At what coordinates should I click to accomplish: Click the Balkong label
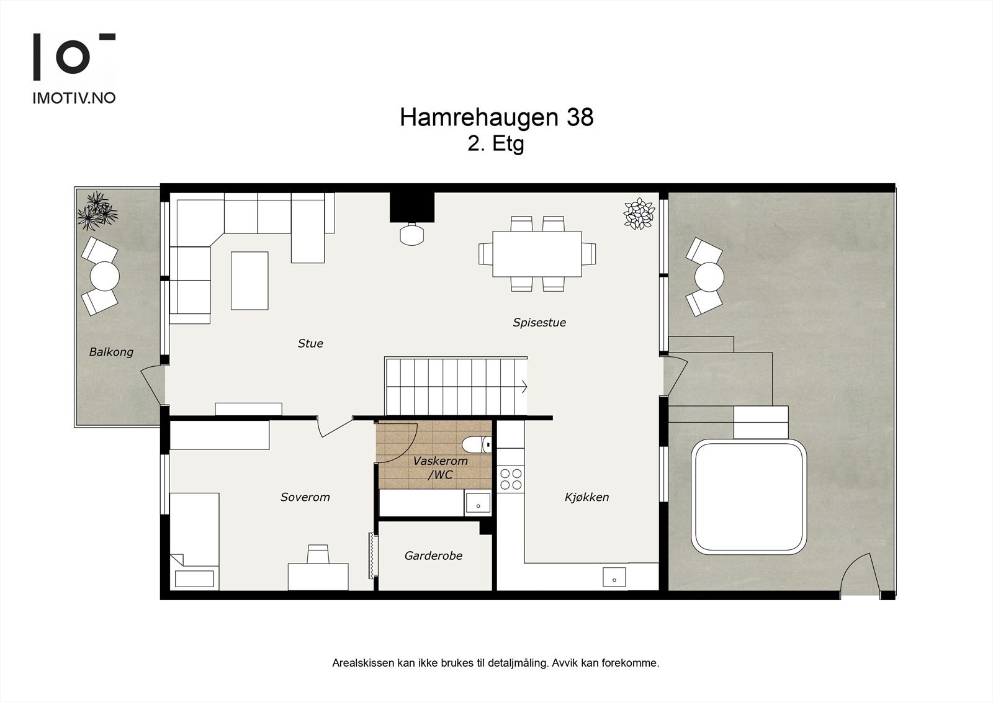111,352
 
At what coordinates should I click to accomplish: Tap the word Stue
310,343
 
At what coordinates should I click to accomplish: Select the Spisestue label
539,322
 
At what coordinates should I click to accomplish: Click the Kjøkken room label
586,497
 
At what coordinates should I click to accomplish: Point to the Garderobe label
433,556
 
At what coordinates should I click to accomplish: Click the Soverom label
305,497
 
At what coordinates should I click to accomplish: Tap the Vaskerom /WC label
440,468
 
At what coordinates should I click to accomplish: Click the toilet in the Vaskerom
477,444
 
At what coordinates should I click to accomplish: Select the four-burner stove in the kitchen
511,479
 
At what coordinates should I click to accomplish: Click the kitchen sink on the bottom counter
614,577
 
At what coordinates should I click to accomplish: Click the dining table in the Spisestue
537,254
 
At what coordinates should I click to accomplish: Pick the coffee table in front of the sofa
249,281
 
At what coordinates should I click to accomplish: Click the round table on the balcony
104,276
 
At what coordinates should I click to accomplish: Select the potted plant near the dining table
639,213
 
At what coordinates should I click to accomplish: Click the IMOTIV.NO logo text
74,97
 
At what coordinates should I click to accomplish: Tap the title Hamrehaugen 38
496,117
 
